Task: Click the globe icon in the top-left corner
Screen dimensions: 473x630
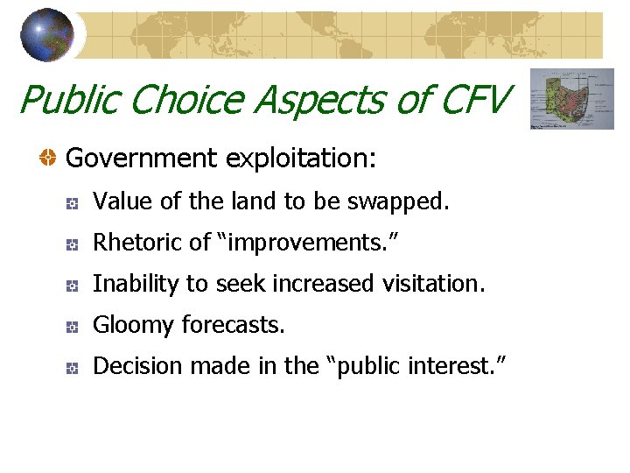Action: click(47, 35)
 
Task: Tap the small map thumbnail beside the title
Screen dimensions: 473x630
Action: click(573, 99)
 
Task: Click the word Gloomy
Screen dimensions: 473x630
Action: click(133, 325)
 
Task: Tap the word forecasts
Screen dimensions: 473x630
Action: click(234, 325)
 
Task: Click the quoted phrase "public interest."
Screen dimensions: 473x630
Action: click(416, 365)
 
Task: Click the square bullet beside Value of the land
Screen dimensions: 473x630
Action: click(73, 203)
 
